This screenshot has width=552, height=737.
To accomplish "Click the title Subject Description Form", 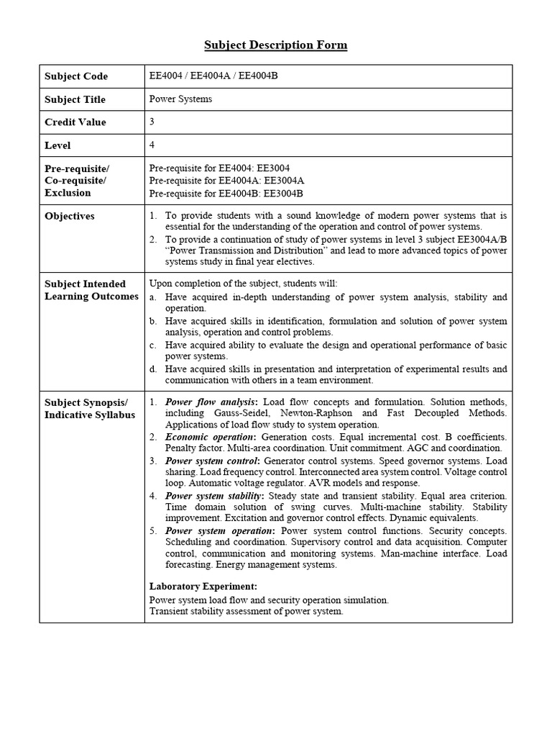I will (x=275, y=45).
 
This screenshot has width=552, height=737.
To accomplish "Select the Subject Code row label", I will (x=76, y=76).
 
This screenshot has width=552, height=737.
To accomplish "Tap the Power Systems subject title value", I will (x=180, y=99).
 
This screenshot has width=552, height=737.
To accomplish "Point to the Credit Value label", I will (x=75, y=122).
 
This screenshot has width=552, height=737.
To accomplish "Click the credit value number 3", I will (x=152, y=122).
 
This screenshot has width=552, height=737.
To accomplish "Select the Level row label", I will (x=57, y=145).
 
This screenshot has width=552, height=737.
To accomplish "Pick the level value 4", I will (x=152, y=145).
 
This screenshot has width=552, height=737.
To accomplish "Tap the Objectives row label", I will (x=69, y=216).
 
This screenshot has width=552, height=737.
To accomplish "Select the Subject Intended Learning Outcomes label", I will (x=91, y=290).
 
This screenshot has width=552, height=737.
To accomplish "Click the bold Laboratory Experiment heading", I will (x=203, y=587).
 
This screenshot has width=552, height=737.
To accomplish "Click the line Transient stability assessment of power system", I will (x=246, y=611).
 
